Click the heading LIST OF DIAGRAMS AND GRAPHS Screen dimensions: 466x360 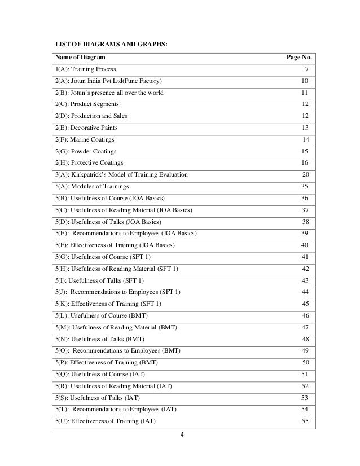pyautogui.click(x=111, y=43)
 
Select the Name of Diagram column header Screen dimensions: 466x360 pyautogui.click(x=79, y=58)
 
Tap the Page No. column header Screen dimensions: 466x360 pyautogui.click(x=299, y=58)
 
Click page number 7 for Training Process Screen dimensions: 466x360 pyautogui.click(x=306, y=69)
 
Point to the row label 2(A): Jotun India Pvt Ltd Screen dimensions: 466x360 pyautogui.click(x=111, y=81)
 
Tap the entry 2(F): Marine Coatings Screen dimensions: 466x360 pyautogui.click(x=85, y=139)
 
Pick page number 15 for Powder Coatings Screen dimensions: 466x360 pyautogui.click(x=305, y=151)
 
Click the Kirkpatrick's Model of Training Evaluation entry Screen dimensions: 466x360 pyautogui.click(x=121, y=174)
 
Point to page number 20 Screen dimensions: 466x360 pyautogui.click(x=305, y=174)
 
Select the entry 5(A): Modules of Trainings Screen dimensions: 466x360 pyautogui.click(x=91, y=186)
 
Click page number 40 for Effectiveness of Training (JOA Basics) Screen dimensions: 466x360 pyautogui.click(x=305, y=245)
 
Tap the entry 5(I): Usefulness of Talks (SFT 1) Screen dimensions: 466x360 pyautogui.click(x=99, y=280)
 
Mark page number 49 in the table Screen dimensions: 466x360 pyautogui.click(x=305, y=350)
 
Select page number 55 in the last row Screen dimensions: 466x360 pyautogui.click(x=305, y=420)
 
